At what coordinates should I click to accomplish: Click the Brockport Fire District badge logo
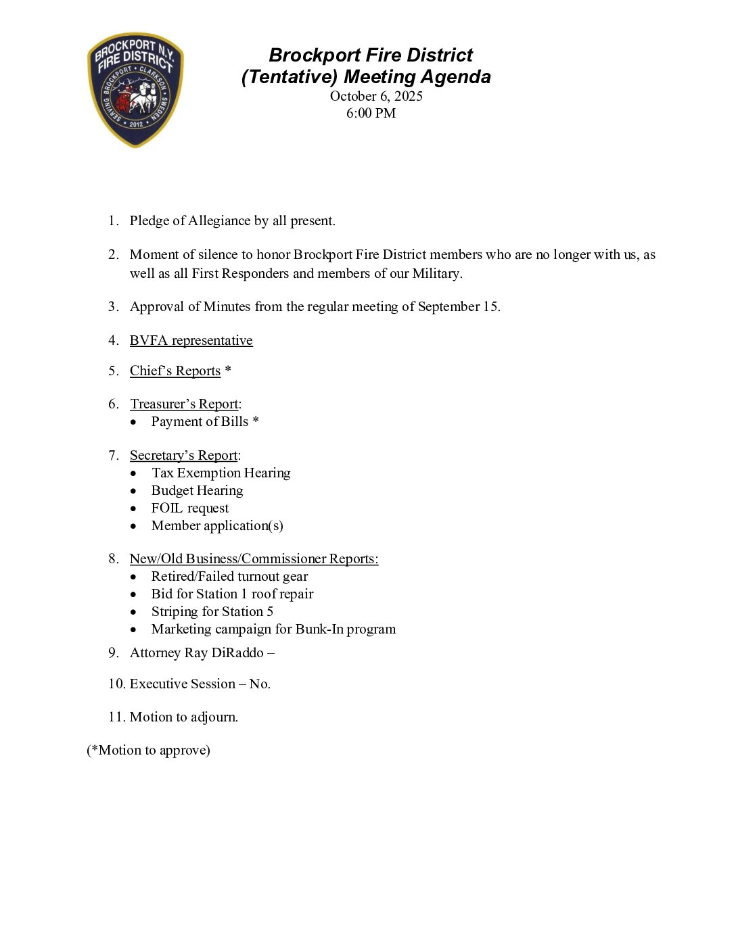click(135, 89)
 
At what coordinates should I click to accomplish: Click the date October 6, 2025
click(376, 96)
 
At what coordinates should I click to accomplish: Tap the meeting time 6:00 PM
click(371, 113)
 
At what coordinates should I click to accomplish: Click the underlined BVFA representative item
click(191, 340)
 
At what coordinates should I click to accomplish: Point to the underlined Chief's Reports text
click(175, 371)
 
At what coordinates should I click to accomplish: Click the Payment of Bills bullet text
click(200, 421)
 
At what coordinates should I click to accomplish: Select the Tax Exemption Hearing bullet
click(221, 473)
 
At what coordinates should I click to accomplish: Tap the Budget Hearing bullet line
click(197, 490)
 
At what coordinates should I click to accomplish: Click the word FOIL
click(166, 508)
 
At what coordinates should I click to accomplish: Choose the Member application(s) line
click(217, 525)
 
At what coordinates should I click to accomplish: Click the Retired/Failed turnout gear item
click(229, 576)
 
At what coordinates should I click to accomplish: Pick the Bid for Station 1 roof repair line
click(232, 594)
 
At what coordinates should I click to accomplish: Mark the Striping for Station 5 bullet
click(212, 611)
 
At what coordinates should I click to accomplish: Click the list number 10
click(116, 684)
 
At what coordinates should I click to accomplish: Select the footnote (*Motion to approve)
click(148, 750)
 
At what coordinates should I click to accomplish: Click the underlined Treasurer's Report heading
click(184, 404)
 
